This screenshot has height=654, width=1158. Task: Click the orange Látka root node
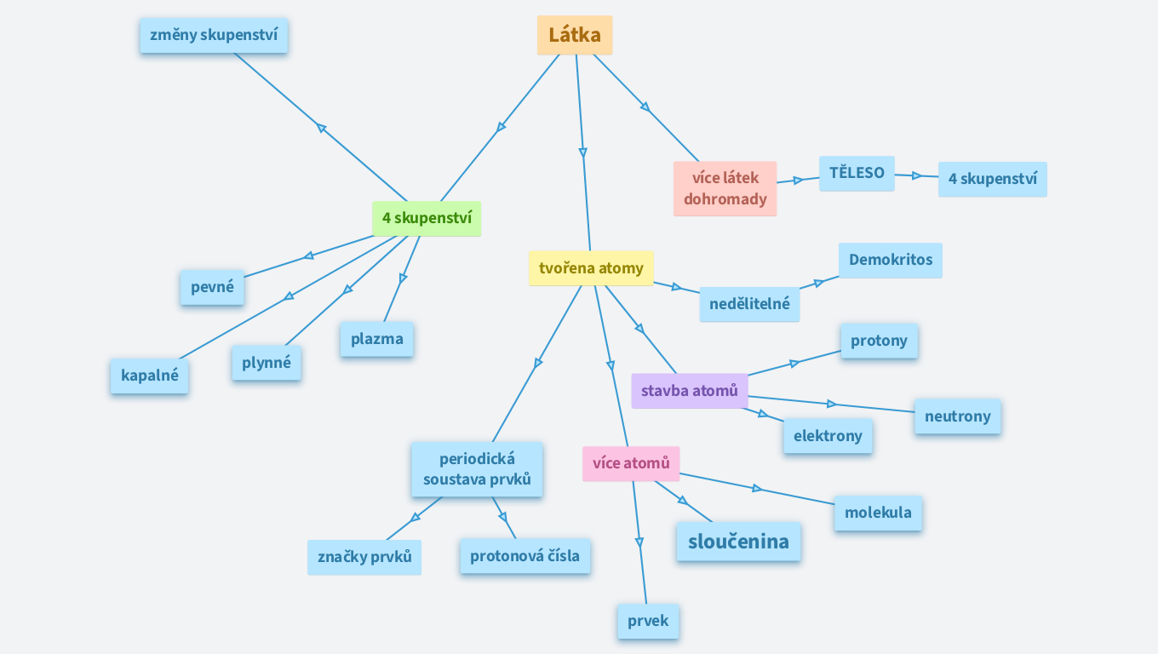pos(575,35)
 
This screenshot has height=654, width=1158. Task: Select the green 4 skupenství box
pos(427,218)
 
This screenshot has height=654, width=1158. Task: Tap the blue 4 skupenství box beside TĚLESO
pos(992,179)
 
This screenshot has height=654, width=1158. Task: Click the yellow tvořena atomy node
pos(591,268)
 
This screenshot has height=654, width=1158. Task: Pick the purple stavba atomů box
pos(689,391)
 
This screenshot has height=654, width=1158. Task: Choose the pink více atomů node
pos(631,463)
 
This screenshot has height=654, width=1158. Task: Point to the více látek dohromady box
pos(725,188)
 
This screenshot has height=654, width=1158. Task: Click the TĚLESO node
pos(857,173)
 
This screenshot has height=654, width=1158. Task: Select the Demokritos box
pos(890,260)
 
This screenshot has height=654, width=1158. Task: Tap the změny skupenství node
pos(214,35)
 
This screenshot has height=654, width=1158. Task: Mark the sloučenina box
pos(738,542)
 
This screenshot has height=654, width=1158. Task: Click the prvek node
pos(648,621)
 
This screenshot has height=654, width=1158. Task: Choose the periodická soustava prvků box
pos(477,469)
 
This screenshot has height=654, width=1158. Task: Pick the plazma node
pos(376,339)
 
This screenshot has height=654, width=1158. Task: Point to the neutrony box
pos(957,416)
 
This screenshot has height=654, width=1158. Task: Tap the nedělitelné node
pos(749,304)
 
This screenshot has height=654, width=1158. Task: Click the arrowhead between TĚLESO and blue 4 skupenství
pos(917,175)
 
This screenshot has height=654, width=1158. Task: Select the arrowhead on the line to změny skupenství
pos(322,128)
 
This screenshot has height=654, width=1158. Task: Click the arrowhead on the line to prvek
pos(639,542)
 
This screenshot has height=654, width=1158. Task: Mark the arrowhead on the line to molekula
pos(757,488)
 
